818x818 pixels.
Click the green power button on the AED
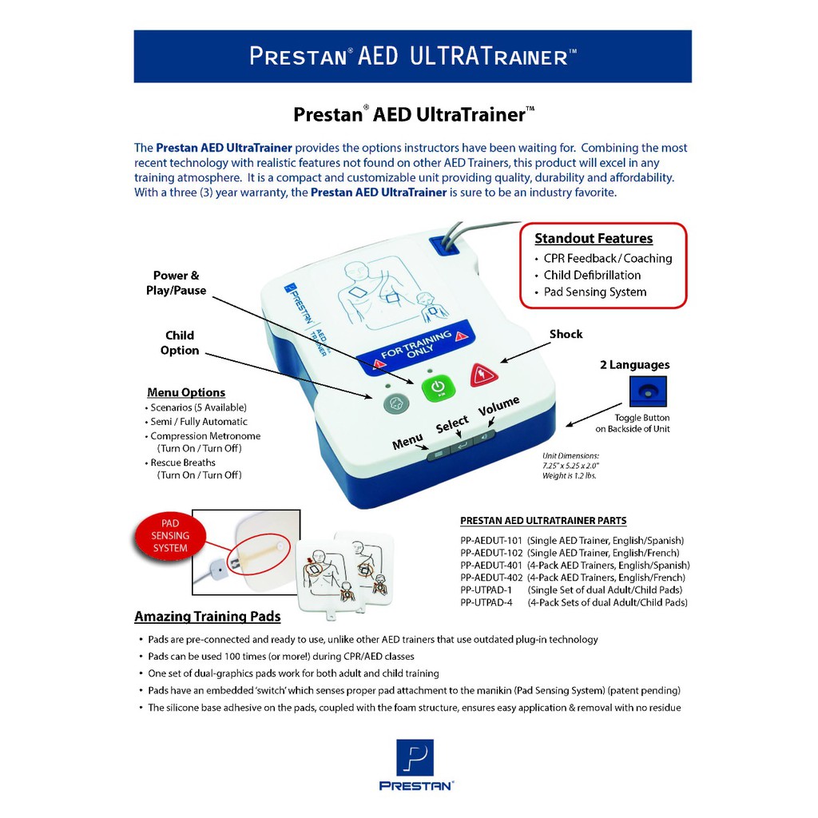(437, 388)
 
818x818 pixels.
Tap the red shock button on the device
(483, 374)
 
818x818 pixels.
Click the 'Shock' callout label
(566, 334)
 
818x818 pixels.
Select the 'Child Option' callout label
(180, 343)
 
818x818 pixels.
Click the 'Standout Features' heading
(594, 238)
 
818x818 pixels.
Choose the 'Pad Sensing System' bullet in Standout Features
(594, 292)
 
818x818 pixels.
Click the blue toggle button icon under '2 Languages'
(647, 391)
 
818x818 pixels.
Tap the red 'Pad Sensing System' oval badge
(170, 535)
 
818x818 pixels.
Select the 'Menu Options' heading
(186, 392)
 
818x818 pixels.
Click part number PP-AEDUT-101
(491, 540)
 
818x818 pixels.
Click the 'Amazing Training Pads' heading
(207, 617)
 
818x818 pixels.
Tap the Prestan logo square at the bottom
(415, 758)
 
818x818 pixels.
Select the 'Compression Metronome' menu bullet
(205, 436)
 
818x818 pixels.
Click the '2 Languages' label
(634, 365)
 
